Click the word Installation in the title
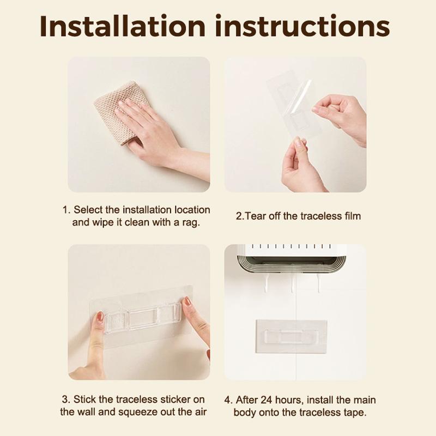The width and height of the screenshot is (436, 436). click(123, 26)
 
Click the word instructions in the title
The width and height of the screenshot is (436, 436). click(302, 26)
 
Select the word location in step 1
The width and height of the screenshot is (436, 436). click(192, 210)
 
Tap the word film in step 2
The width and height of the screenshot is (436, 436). click(353, 216)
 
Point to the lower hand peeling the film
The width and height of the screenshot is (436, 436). click(300, 167)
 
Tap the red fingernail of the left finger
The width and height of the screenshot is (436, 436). click(100, 316)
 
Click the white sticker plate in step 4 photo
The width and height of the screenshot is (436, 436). click(291, 336)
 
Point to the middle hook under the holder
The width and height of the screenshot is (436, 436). click(292, 282)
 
